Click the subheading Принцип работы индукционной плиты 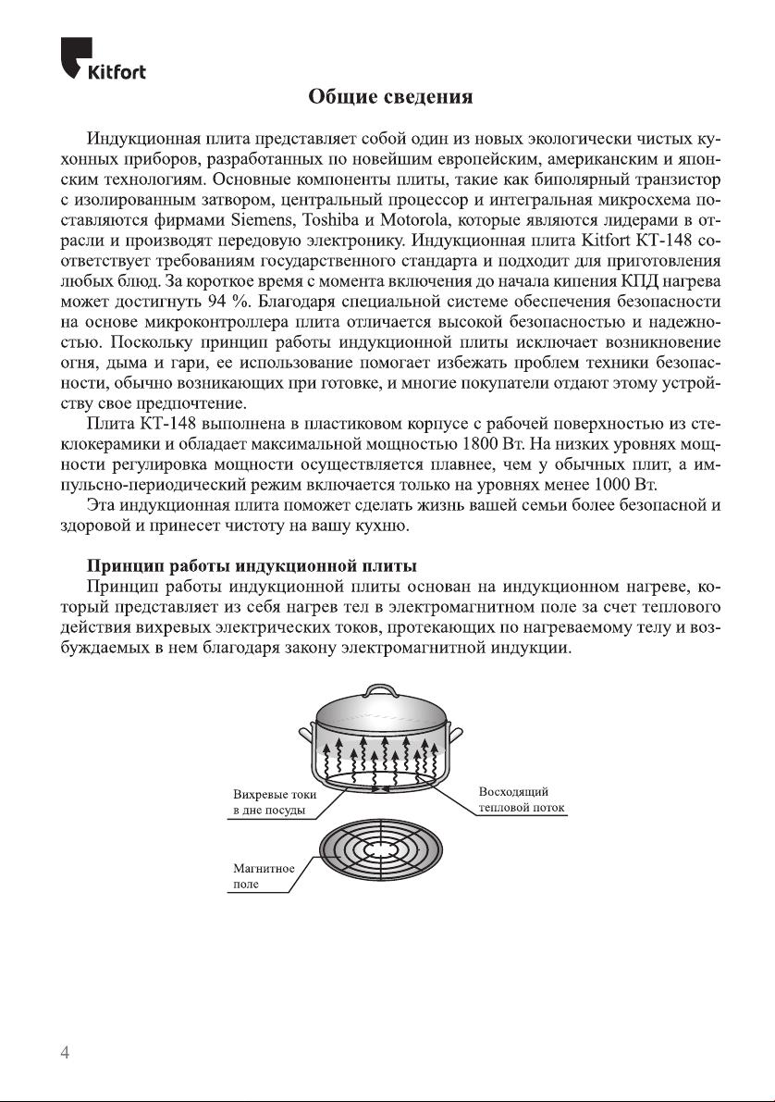tap(251, 564)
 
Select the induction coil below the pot tap(380, 851)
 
